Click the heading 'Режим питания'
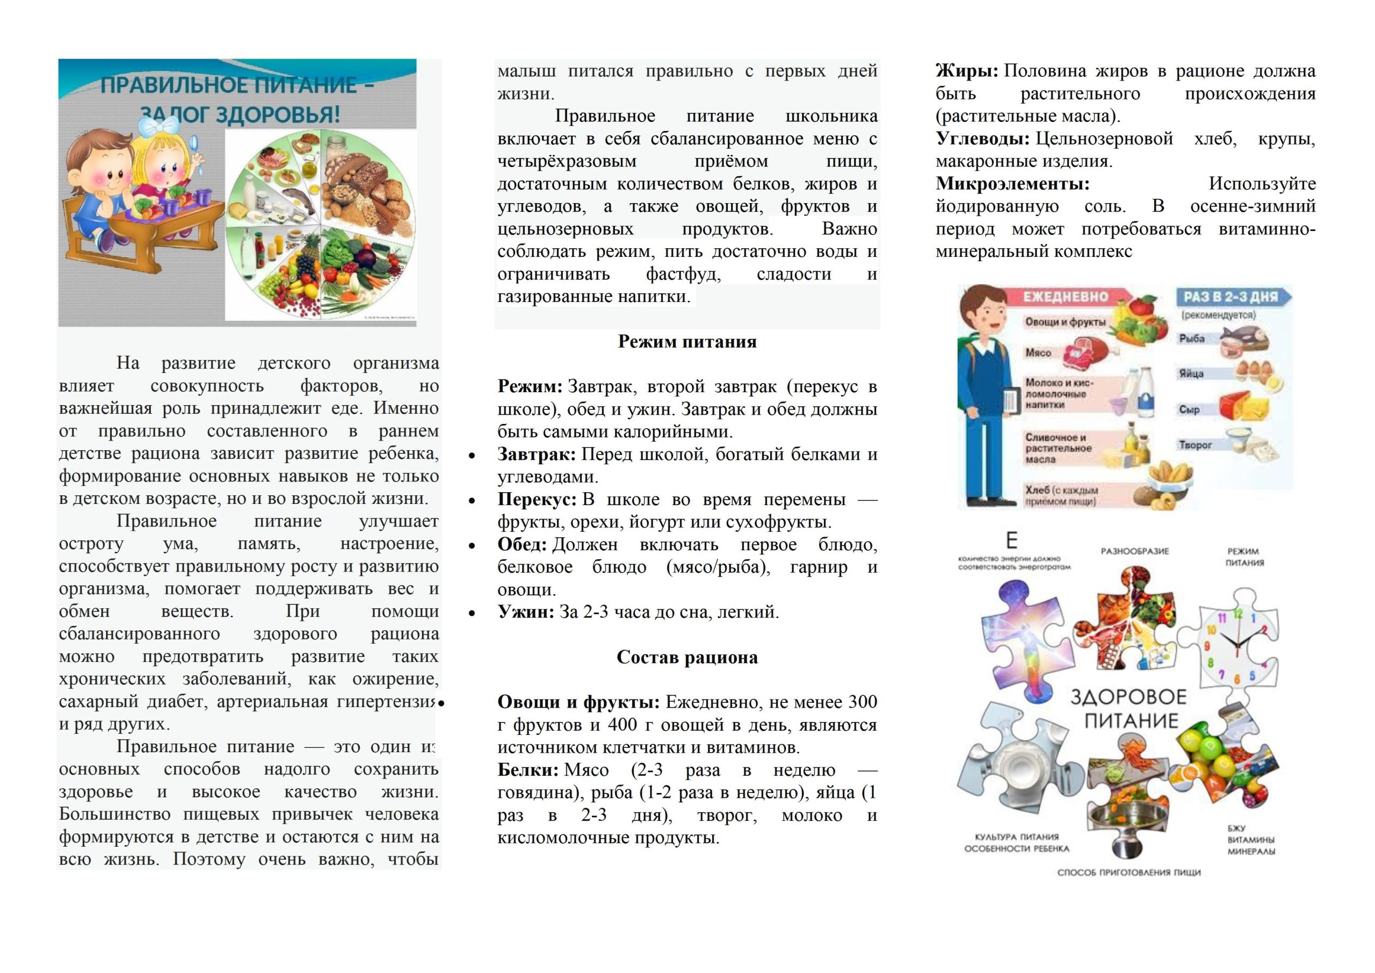pos(687,342)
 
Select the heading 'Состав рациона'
pos(687,657)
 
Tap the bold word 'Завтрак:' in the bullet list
pos(536,454)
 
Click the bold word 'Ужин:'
pos(525,612)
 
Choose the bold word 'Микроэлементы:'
pos(1012,183)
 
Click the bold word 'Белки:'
pos(527,770)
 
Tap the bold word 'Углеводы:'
pos(982,139)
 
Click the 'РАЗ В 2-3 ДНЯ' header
pos(1230,297)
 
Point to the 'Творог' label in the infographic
pos(1195,445)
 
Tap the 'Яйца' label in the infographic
pos(1191,373)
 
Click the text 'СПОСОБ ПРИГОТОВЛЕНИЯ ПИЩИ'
pos(1129,873)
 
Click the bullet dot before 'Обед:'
pos(472,545)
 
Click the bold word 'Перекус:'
pos(537,499)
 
